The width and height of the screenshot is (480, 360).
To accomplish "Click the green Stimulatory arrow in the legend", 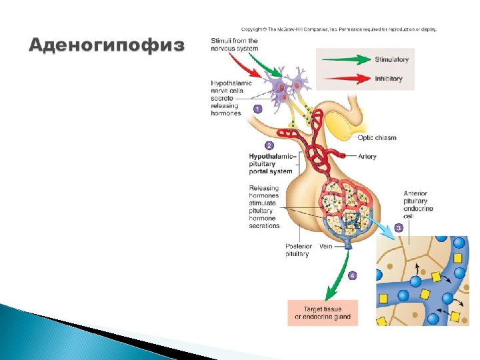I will (x=346, y=59).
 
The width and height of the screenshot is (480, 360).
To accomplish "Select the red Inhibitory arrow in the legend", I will (x=346, y=78).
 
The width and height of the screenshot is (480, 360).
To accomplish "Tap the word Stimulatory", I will (x=392, y=59).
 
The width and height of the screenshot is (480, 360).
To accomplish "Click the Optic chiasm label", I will (x=377, y=138).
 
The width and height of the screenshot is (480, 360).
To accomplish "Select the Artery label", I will (x=367, y=157).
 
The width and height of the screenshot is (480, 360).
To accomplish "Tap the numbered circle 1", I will (x=258, y=107).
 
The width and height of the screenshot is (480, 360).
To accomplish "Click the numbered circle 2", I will (x=269, y=145).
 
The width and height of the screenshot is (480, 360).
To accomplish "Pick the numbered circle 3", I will (x=399, y=227).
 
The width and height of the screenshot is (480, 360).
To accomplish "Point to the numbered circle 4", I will (x=353, y=275).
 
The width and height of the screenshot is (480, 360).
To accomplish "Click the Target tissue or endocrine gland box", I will (x=322, y=313).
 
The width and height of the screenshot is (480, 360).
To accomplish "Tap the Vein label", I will (x=326, y=246).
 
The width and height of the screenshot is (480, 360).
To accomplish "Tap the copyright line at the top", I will (x=339, y=29).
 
